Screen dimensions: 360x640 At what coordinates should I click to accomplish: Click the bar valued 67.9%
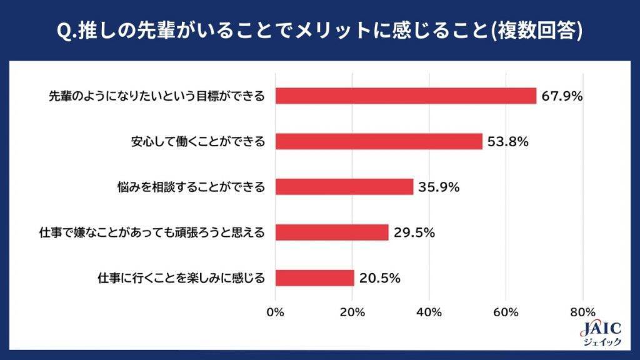tap(406, 96)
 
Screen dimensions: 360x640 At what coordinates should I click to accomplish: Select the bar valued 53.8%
tap(379, 141)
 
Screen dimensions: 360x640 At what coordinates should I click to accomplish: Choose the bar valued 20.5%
tap(314, 278)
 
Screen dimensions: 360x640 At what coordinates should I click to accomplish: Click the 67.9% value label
tap(562, 96)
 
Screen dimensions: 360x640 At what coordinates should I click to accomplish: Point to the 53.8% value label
tap(508, 142)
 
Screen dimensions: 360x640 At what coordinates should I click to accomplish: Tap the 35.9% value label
tap(439, 187)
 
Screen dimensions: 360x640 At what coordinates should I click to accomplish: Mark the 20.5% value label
tap(379, 278)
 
